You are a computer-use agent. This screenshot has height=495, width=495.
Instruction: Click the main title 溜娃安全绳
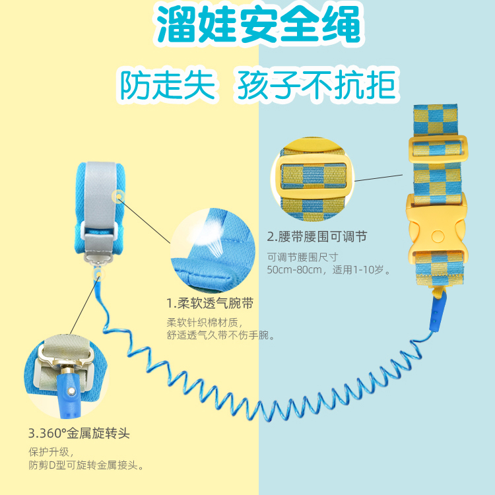[259, 26]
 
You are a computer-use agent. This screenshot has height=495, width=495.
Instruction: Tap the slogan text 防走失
[168, 85]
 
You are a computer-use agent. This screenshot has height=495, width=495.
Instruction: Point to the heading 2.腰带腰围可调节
[317, 236]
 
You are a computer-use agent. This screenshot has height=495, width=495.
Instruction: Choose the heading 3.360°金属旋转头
[79, 434]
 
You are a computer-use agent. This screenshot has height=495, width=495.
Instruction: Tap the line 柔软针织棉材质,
[205, 323]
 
